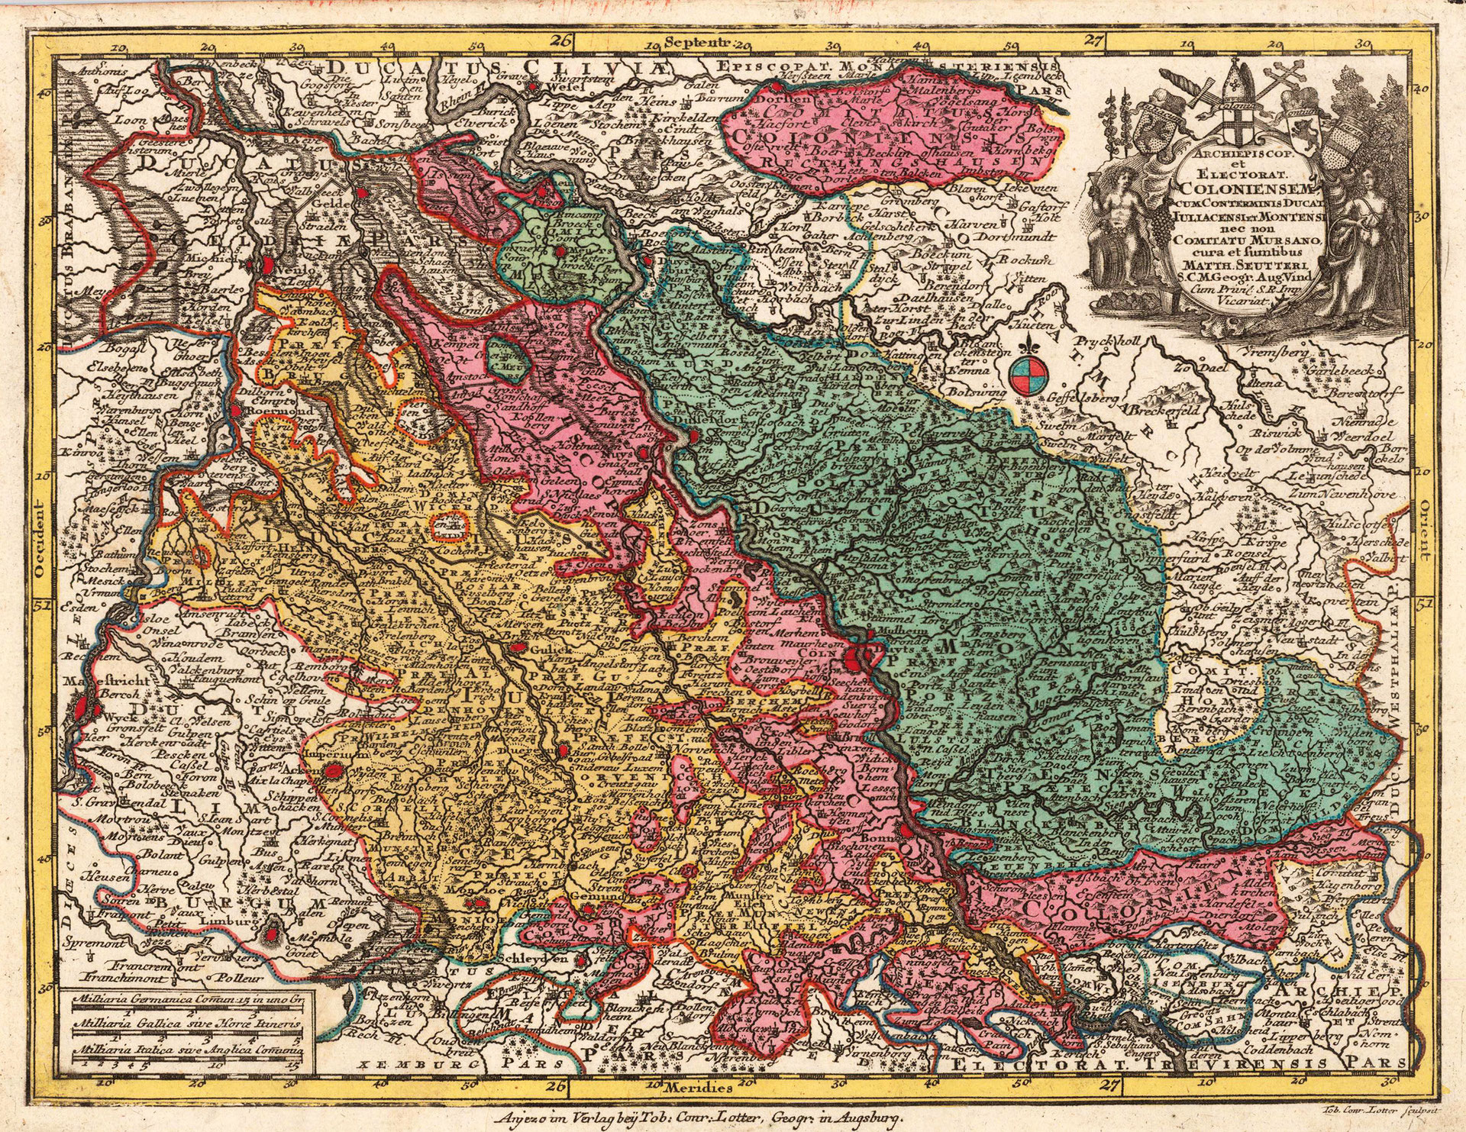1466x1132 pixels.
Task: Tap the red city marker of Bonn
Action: (906, 830)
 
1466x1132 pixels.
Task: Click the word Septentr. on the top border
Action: (696, 43)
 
